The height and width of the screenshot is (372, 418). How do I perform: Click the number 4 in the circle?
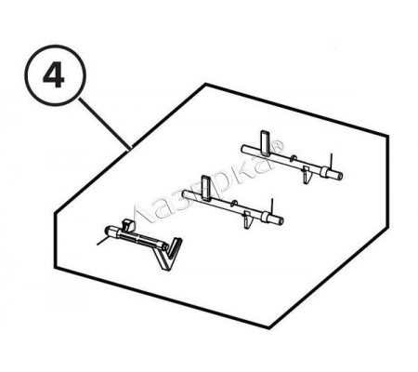click(x=54, y=76)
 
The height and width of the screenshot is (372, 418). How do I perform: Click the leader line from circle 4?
click(x=105, y=125)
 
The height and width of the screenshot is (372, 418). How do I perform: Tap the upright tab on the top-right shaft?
click(x=266, y=142)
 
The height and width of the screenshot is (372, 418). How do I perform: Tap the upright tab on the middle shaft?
click(x=206, y=187)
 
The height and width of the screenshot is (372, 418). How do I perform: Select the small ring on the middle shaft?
click(x=235, y=204)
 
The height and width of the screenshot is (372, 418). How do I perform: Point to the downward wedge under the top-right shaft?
click(x=307, y=175)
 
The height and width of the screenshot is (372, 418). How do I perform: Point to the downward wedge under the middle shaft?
click(x=247, y=219)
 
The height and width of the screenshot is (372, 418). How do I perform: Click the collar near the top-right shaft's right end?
click(x=324, y=171)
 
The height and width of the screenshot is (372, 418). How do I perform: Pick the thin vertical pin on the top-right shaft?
click(x=331, y=161)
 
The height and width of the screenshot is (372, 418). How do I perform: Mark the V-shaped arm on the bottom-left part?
click(x=169, y=254)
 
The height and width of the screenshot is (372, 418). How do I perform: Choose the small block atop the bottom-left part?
click(x=128, y=225)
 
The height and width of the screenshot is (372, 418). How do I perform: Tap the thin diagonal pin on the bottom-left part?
click(x=102, y=241)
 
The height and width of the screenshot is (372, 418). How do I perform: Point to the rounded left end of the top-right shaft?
click(x=244, y=149)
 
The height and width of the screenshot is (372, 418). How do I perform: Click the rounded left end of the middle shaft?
click(x=185, y=193)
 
